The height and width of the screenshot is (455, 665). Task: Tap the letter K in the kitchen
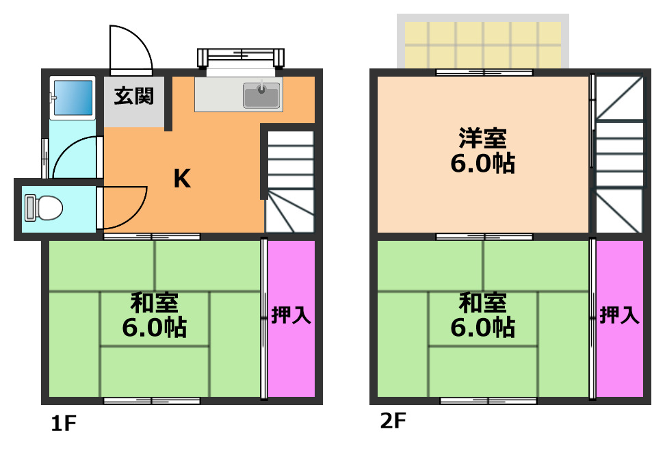click(x=181, y=179)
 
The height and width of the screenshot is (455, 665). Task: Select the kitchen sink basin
click(x=262, y=95)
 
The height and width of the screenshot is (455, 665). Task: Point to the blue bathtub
click(x=73, y=98)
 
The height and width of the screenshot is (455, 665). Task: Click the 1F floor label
click(x=62, y=424)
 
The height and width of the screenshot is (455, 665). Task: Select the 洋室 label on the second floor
click(x=482, y=138)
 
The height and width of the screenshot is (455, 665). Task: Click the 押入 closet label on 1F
click(x=291, y=315)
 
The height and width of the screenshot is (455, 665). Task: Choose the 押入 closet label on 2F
click(x=620, y=315)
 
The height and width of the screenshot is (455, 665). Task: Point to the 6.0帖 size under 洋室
click(x=483, y=164)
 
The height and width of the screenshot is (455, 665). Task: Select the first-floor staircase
click(x=289, y=181)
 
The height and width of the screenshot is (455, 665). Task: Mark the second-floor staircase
click(x=619, y=154)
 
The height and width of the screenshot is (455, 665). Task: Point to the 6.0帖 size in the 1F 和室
click(x=155, y=328)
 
